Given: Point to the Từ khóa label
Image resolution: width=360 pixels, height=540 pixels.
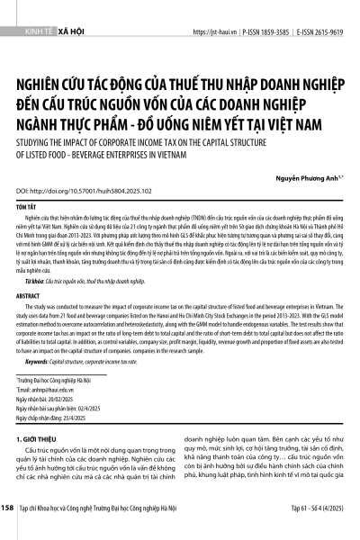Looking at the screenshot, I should pos(37,256).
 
